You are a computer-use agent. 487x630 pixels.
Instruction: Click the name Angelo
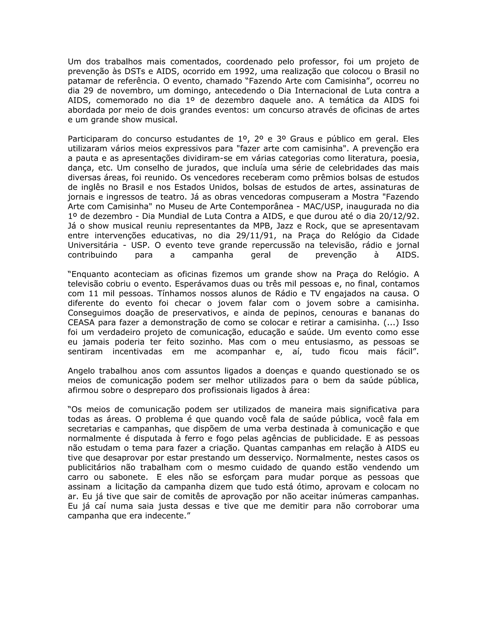coord(81,371)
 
